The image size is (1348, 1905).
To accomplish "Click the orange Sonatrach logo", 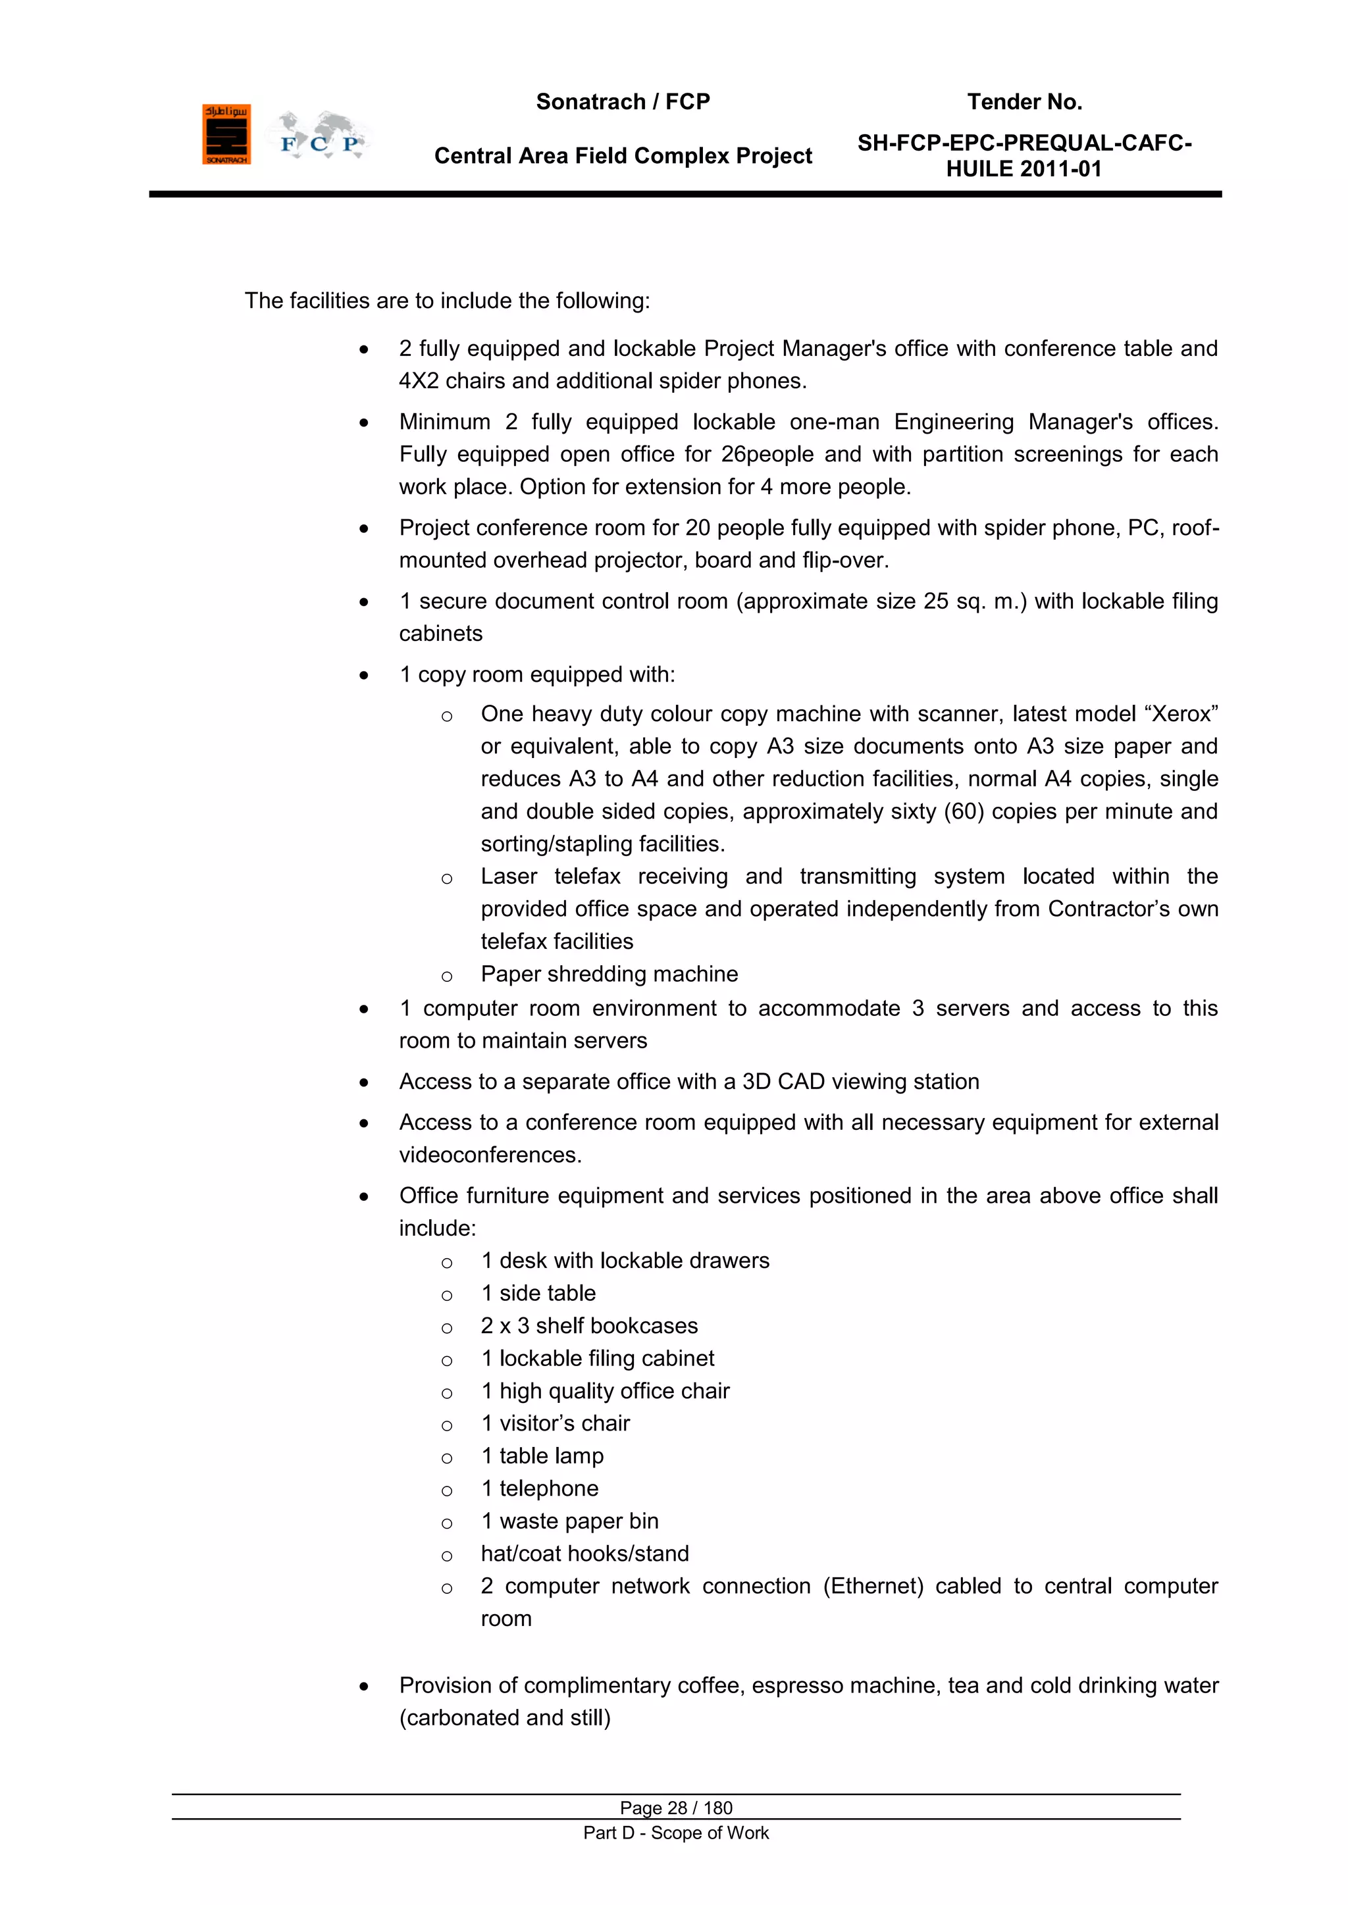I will pyautogui.click(x=226, y=134).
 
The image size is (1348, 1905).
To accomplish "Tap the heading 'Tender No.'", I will pyautogui.click(x=1024, y=102).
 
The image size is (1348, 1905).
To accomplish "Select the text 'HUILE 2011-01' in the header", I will pyautogui.click(x=1024, y=169).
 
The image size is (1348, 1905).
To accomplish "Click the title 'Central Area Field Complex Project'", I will pyautogui.click(x=623, y=156).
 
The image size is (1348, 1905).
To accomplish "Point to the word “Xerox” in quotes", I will pyautogui.click(x=1180, y=715).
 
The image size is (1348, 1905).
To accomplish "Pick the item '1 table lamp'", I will pyautogui.click(x=542, y=1456).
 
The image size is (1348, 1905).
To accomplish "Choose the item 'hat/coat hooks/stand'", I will pyautogui.click(x=584, y=1554).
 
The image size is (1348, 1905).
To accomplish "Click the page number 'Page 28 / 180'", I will pyautogui.click(x=676, y=1808).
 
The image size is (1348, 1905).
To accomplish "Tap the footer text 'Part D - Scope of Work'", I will pyautogui.click(x=676, y=1833).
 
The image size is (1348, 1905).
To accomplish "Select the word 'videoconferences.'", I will pyautogui.click(x=490, y=1155).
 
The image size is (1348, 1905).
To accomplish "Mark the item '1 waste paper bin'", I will pyautogui.click(x=569, y=1521).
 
